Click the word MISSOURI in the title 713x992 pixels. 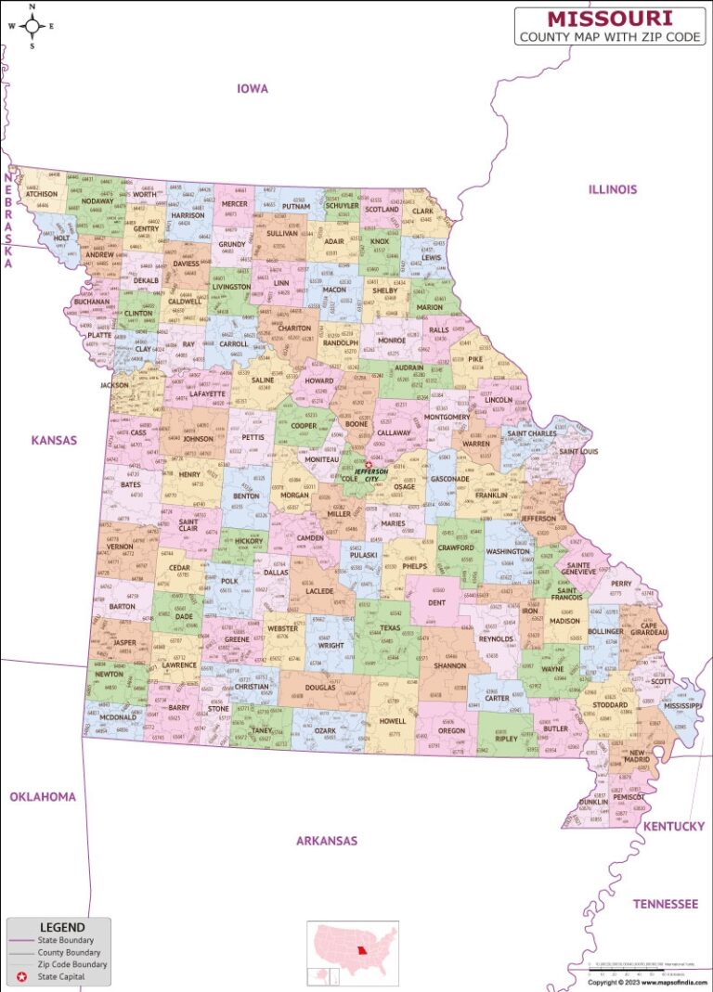610,18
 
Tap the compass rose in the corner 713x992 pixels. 31,26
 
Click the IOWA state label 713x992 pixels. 252,89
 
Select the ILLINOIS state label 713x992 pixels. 612,189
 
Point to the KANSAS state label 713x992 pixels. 54,440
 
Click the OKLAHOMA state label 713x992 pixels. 43,796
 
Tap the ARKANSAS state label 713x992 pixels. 326,841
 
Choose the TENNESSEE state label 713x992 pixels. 665,903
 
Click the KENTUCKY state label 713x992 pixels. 673,826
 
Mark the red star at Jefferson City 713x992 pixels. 369,464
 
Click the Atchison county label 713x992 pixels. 41,195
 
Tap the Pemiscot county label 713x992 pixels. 629,796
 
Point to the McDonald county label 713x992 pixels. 118,717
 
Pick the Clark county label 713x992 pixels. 422,212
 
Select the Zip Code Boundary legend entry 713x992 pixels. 72,964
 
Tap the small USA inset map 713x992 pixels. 353,953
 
